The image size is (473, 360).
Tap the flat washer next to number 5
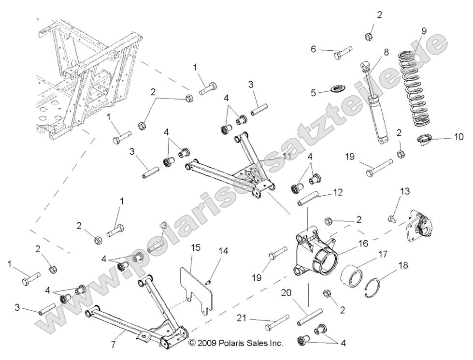[336, 88]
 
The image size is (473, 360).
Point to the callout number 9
[423, 31]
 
